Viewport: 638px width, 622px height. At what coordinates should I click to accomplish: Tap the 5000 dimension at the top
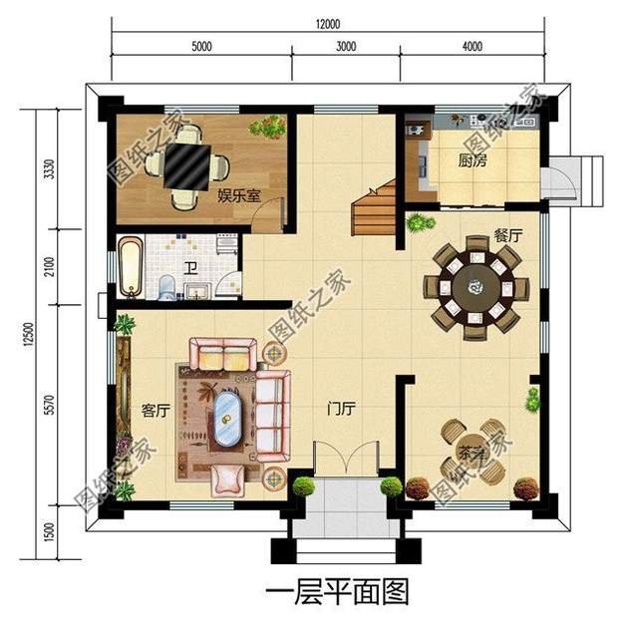[x=202, y=47]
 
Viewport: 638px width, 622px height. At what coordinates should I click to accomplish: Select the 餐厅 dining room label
[x=507, y=237]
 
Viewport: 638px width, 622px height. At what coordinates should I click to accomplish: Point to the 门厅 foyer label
[x=342, y=409]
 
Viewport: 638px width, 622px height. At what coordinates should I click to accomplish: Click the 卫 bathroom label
[x=189, y=268]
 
